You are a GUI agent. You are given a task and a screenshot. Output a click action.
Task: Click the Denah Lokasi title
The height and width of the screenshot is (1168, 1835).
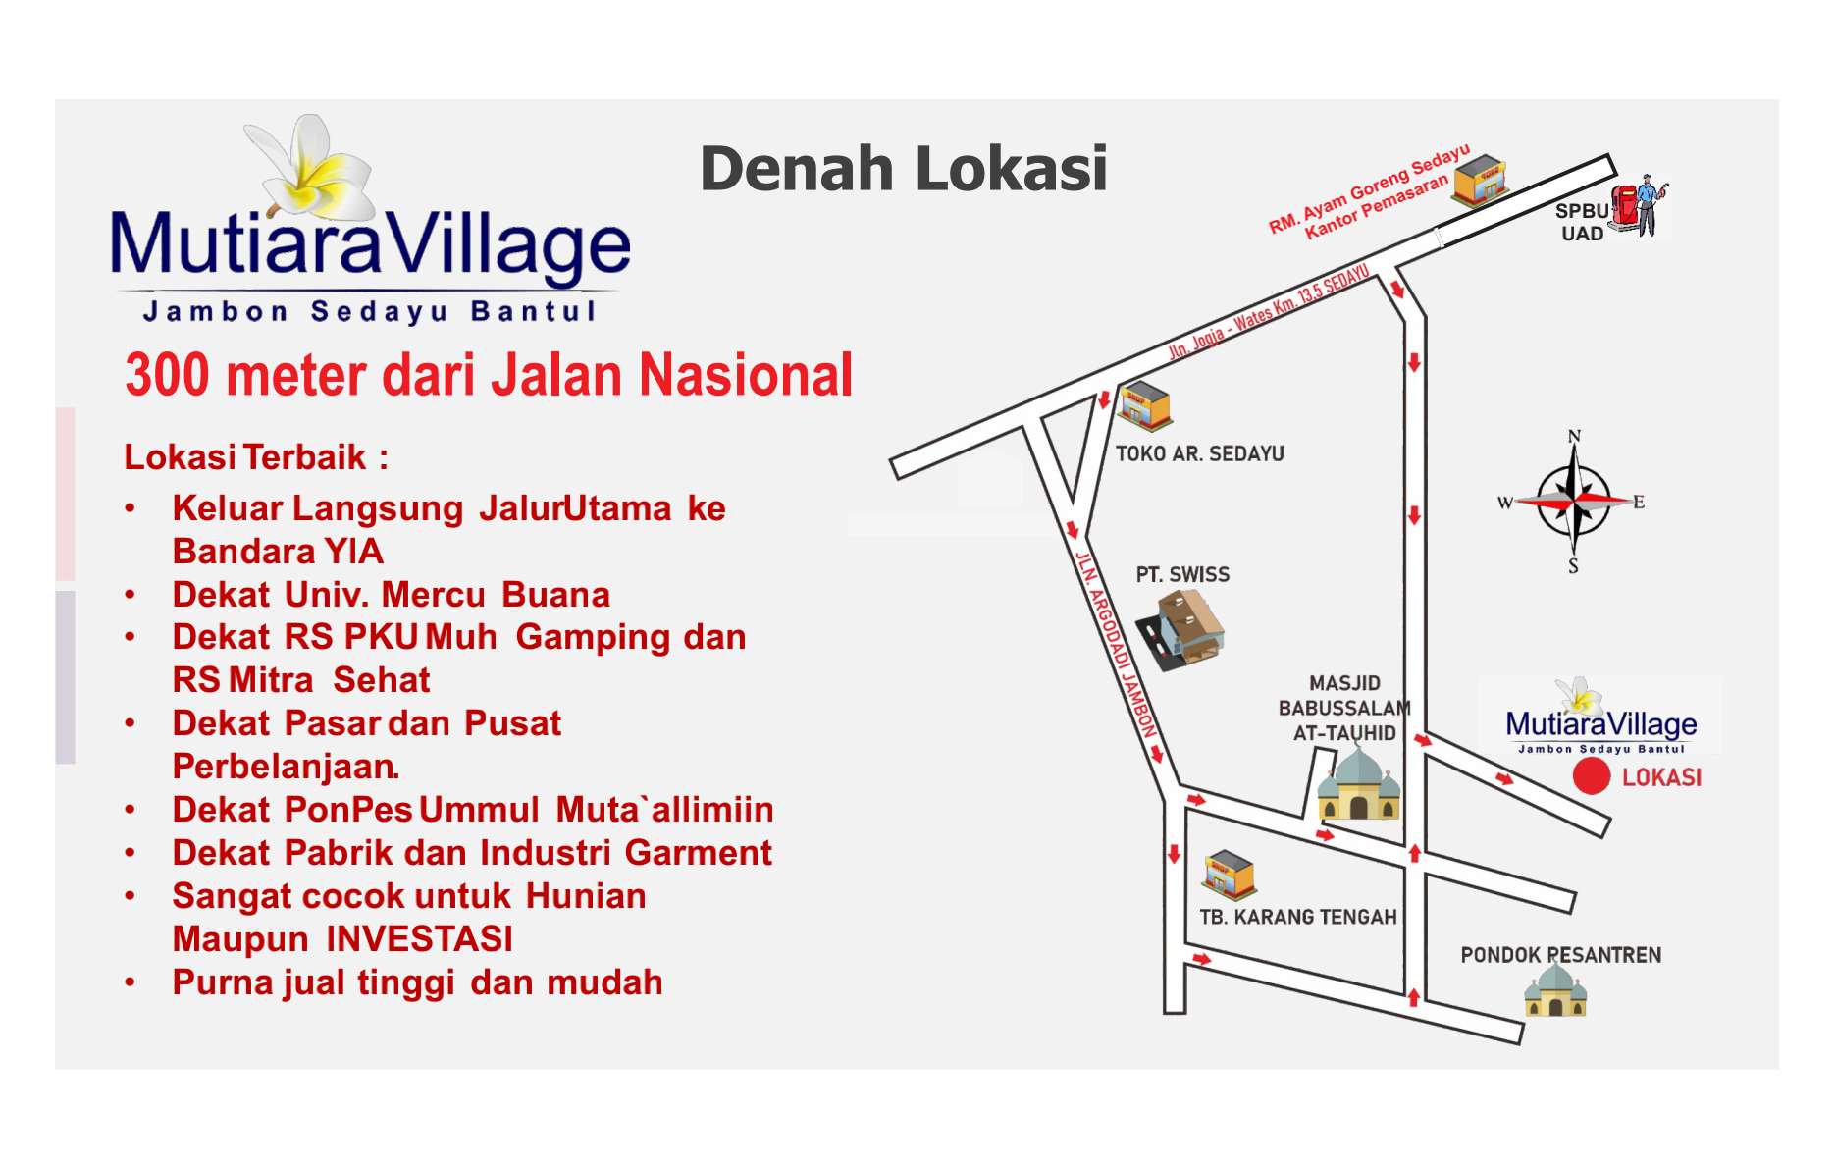pos(904,168)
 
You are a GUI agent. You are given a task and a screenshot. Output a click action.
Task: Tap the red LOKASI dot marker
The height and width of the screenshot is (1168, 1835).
pos(1592,775)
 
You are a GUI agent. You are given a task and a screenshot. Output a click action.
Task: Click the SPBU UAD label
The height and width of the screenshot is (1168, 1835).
pos(1582,222)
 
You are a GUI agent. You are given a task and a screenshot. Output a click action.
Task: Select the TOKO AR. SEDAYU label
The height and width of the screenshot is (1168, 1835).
pos(1199,453)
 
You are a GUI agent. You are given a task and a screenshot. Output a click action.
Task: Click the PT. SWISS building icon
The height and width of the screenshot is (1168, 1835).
pos(1180,630)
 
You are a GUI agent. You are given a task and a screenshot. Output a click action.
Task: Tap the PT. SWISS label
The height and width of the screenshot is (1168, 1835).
pos(1182,574)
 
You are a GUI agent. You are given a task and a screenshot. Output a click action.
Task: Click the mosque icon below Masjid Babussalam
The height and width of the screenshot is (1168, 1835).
pos(1359,783)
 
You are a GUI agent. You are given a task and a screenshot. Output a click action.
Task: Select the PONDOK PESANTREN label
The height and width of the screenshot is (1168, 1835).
pos(1560,955)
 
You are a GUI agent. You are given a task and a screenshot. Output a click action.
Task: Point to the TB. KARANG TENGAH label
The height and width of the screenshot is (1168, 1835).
pos(1297,917)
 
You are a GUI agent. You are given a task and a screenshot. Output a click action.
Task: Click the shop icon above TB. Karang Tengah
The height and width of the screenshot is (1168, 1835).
pos(1229,875)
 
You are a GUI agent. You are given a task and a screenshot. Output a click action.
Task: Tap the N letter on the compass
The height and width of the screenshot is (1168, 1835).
pos(1574,436)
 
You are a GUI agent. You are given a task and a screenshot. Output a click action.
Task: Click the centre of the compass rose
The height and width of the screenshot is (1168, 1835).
pos(1574,501)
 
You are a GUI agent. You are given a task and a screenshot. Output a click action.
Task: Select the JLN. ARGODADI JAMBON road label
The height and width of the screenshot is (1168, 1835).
pos(1117,644)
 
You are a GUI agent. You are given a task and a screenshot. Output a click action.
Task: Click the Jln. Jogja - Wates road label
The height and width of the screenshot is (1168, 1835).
pos(1268,311)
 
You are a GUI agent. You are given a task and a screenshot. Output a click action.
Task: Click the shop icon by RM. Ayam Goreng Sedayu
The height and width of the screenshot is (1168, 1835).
pos(1480,180)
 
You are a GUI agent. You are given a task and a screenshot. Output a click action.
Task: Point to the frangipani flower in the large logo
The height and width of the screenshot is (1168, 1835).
pos(311,167)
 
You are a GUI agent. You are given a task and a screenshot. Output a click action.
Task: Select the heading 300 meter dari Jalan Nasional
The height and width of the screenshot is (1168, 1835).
pos(489,375)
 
